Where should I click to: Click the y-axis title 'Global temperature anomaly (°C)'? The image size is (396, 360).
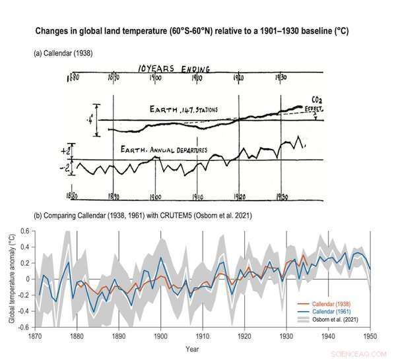[10, 279]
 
